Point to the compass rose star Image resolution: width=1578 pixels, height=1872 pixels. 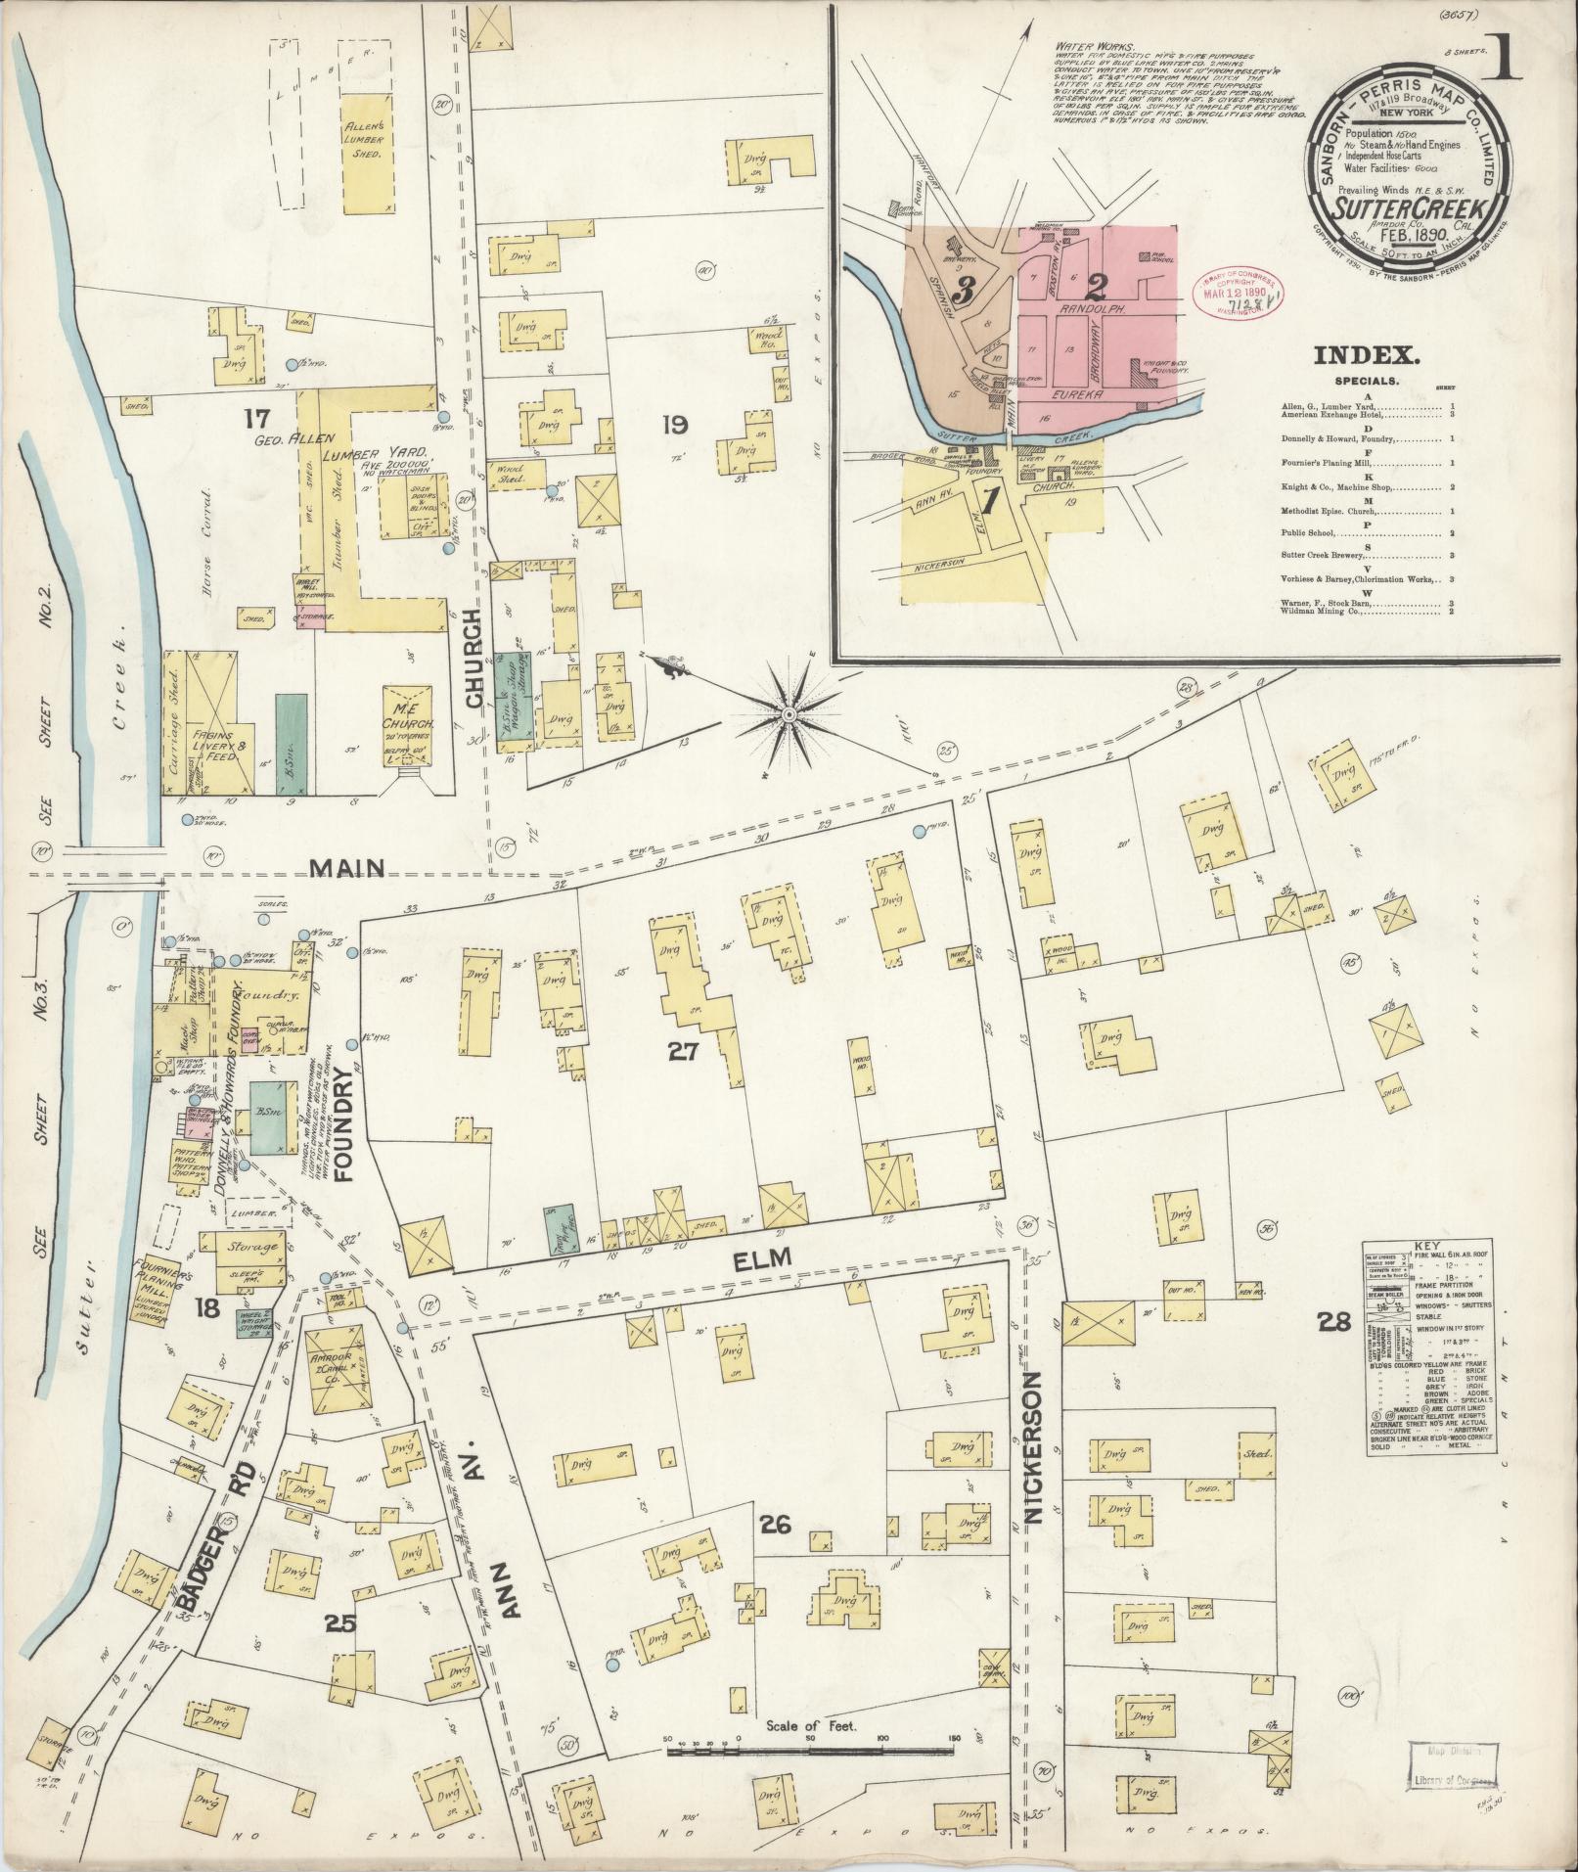pyautogui.click(x=789, y=715)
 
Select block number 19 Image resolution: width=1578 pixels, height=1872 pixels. pyautogui.click(x=674, y=425)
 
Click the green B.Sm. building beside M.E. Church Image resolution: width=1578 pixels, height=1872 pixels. pyautogui.click(x=291, y=742)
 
